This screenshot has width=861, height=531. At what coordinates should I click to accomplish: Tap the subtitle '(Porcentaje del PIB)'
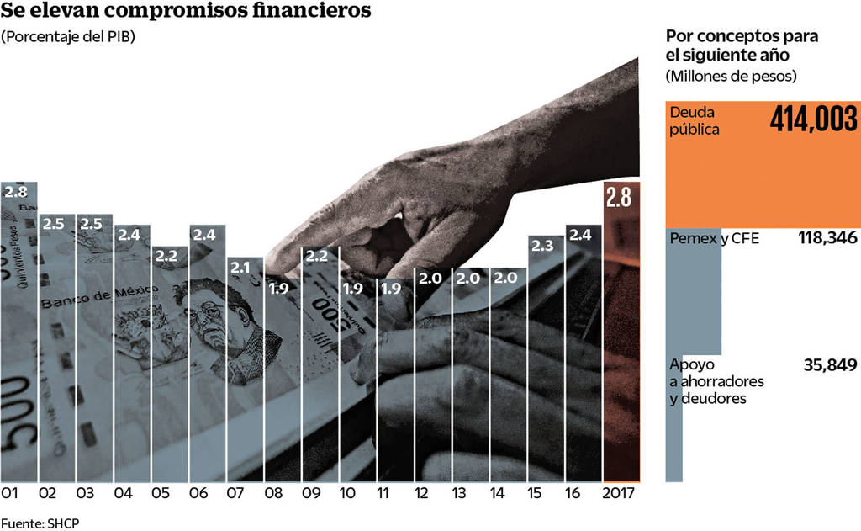[68, 37]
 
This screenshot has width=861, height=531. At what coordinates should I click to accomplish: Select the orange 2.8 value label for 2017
[620, 198]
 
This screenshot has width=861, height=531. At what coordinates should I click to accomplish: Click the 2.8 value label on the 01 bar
[16, 191]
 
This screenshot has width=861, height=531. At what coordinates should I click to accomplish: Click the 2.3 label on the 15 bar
[544, 246]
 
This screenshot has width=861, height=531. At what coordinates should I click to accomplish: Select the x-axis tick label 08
[274, 494]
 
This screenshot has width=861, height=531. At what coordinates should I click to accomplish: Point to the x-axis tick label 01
[11, 494]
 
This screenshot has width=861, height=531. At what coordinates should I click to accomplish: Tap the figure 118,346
[827, 239]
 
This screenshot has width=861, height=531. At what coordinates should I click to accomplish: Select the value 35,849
[830, 364]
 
